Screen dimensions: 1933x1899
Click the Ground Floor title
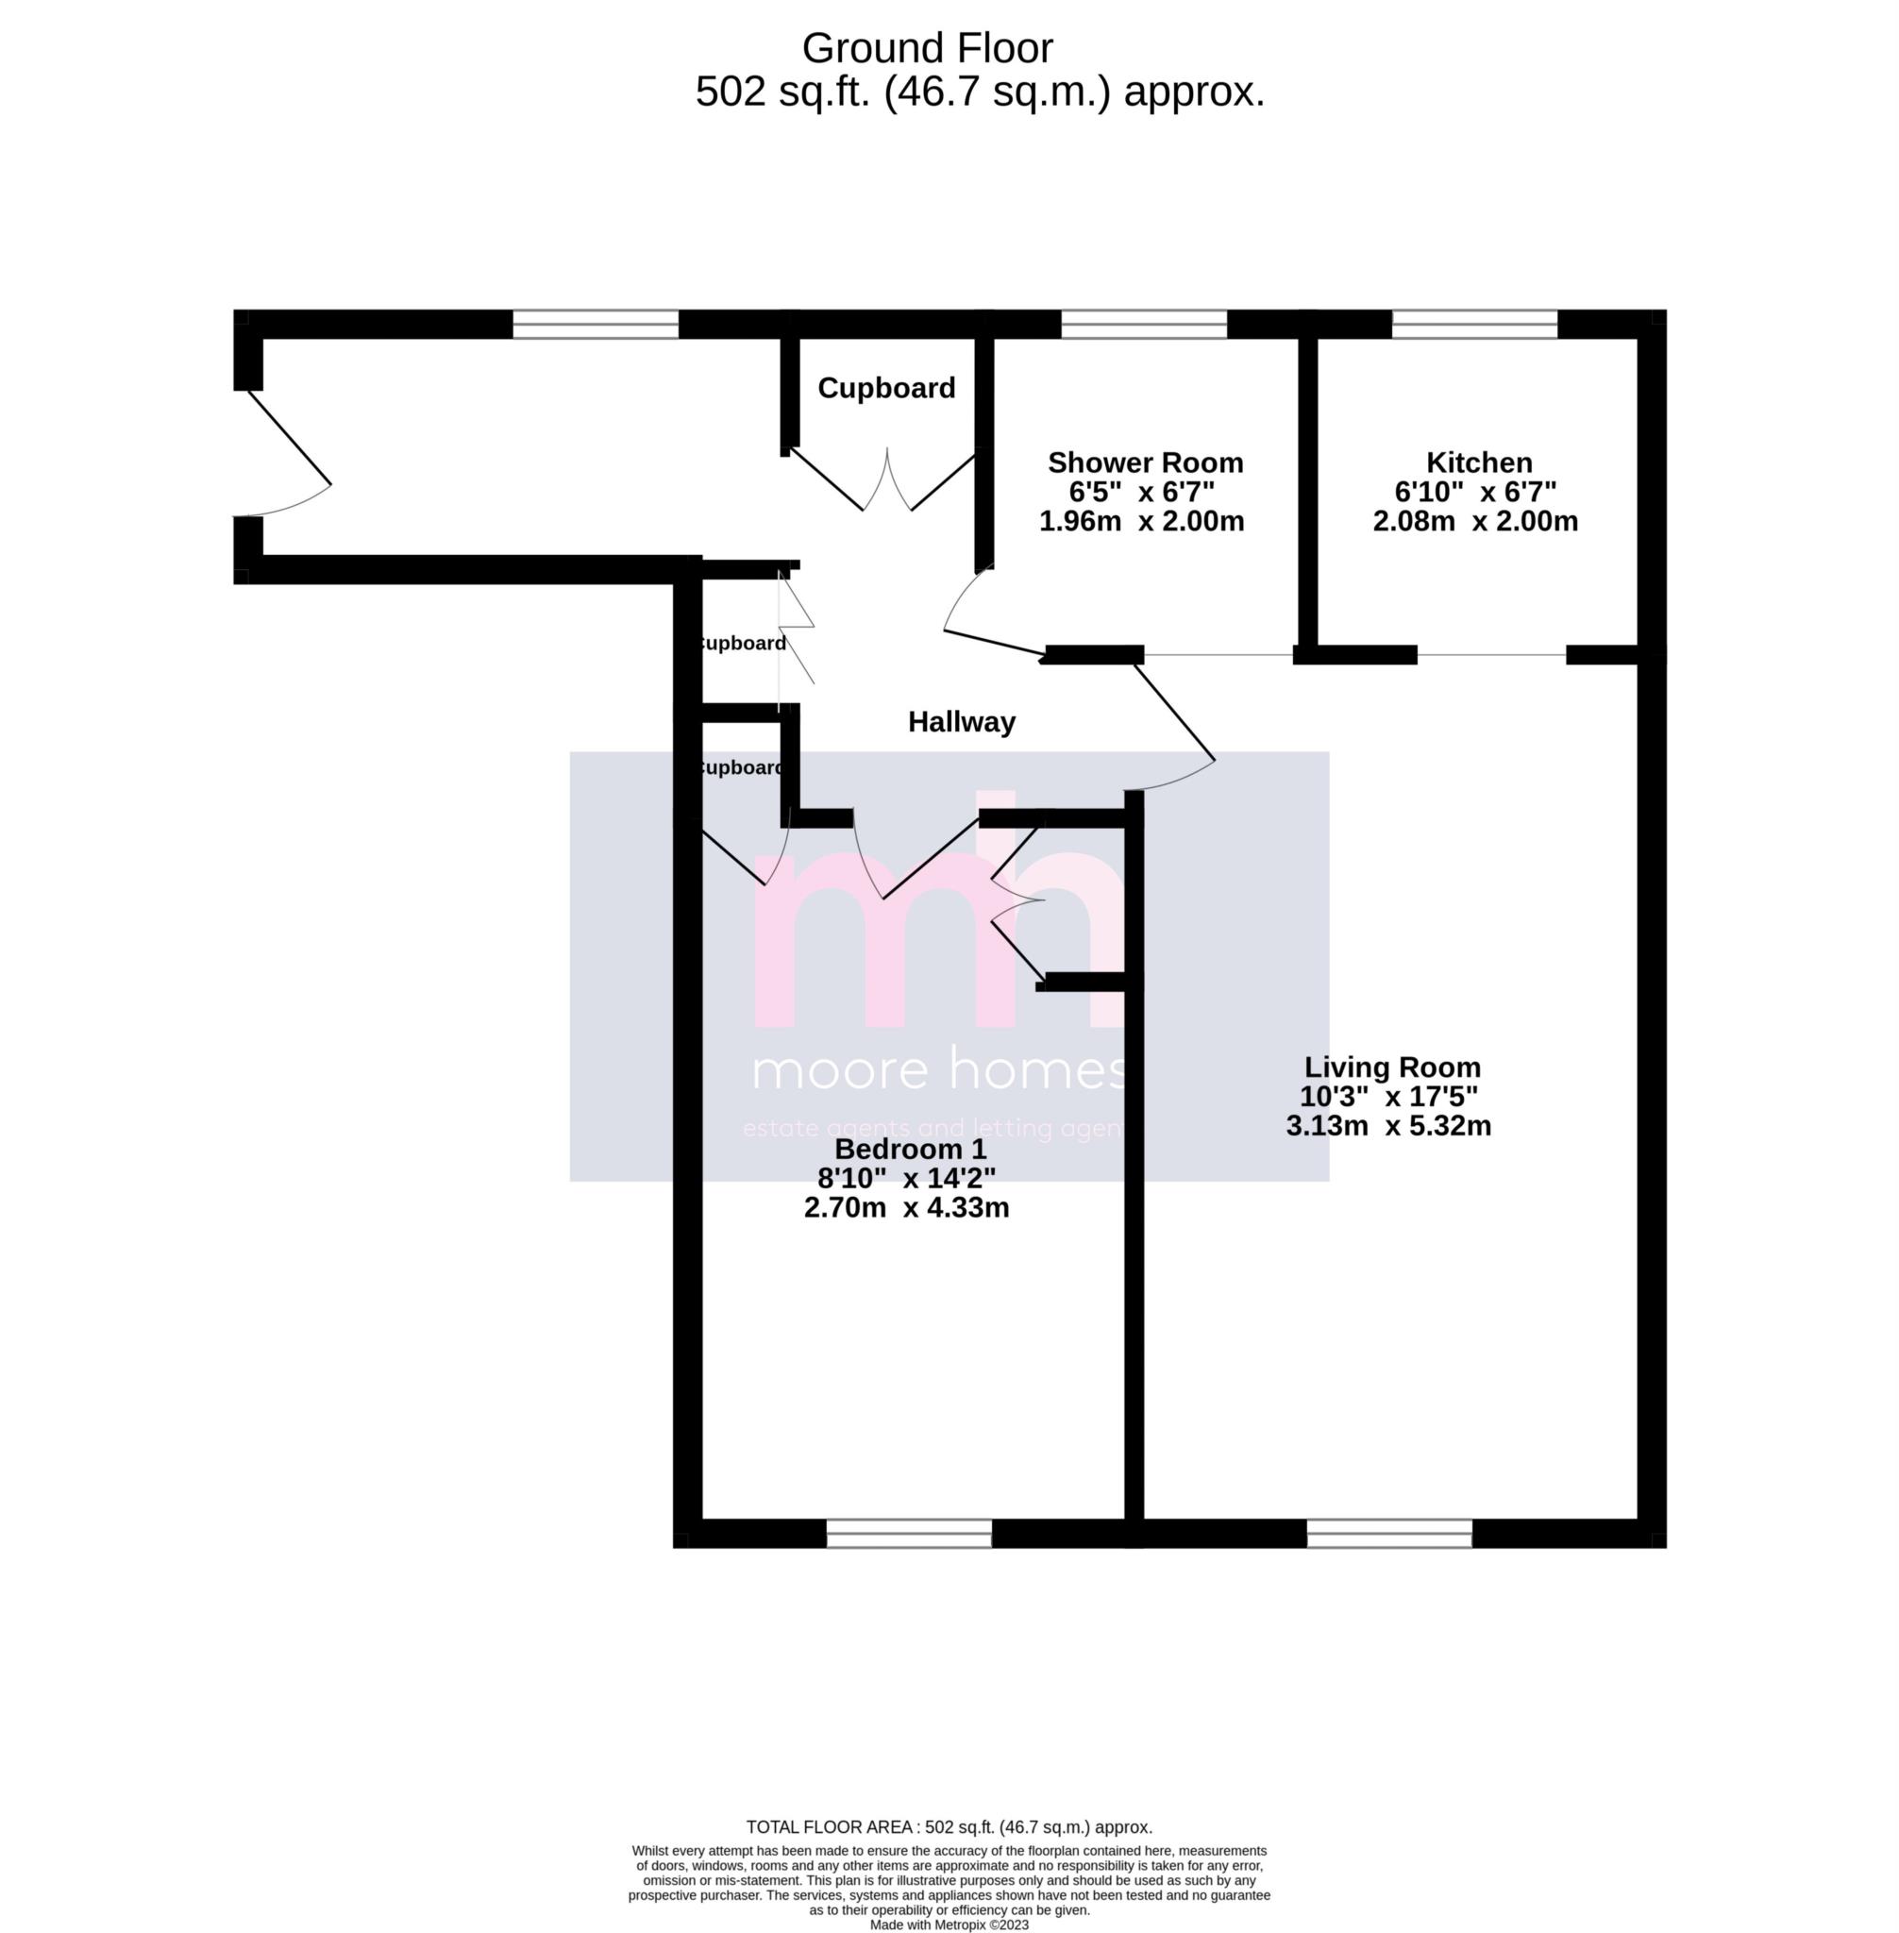click(927, 48)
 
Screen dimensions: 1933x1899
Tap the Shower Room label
click(1145, 462)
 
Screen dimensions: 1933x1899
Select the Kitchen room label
click(1479, 462)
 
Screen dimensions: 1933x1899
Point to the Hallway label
click(962, 722)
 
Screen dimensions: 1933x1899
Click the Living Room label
click(1392, 1067)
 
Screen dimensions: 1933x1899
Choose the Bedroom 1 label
click(910, 1149)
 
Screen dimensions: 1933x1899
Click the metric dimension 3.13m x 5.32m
click(1388, 1126)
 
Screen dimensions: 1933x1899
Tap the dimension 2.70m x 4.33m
click(907, 1208)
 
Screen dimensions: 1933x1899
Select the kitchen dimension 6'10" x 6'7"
click(1475, 492)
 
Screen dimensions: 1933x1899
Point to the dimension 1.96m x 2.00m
click(1142, 521)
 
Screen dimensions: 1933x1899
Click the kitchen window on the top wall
click(1474, 324)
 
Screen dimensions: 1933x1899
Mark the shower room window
click(1143, 324)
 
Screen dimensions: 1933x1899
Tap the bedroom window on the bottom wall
click(909, 1533)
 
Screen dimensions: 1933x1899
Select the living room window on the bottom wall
click(1389, 1533)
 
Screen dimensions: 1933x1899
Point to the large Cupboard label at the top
click(885, 388)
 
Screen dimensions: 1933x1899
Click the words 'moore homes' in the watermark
click(937, 1070)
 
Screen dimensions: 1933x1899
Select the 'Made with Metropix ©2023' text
click(949, 1925)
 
